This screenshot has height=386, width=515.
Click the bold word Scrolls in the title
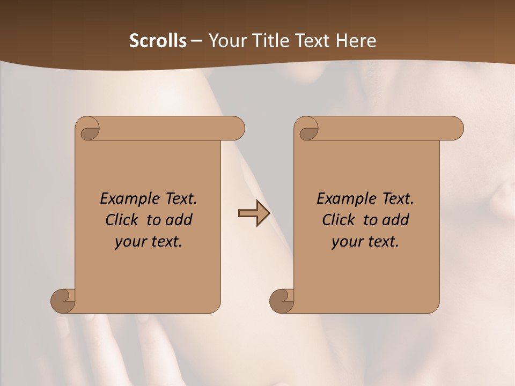point(158,41)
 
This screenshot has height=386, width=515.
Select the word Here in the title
point(356,41)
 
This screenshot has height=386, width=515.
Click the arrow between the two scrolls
point(254,213)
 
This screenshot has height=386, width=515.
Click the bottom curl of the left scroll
point(63,300)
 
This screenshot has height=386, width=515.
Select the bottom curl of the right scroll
point(282,300)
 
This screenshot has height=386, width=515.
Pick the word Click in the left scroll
point(117,220)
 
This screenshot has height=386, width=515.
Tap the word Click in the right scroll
point(334,220)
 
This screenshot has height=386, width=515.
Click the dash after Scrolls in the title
point(196,41)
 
